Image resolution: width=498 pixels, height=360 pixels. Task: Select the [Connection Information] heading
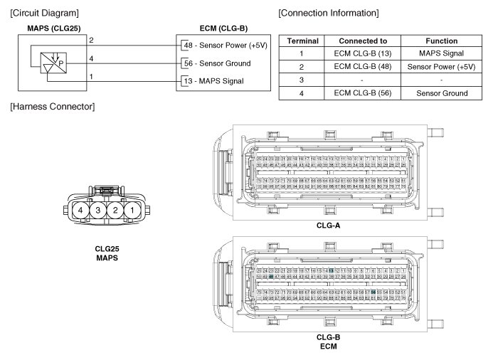[x=328, y=14]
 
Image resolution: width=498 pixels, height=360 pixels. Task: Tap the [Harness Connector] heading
[x=53, y=107]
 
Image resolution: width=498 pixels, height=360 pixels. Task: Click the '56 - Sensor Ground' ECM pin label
[x=217, y=63]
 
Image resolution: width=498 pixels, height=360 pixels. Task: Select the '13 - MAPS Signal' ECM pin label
[x=213, y=81]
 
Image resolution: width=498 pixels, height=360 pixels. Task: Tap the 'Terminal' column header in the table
[x=302, y=41]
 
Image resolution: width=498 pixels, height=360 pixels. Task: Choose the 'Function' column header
[x=441, y=41]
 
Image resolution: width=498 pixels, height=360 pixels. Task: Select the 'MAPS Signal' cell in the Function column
[x=441, y=54]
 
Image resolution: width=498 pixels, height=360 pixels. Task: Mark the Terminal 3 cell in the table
[x=302, y=80]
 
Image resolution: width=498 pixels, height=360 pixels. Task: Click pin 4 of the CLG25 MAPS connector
[x=83, y=211]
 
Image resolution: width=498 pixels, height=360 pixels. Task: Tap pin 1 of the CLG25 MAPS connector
[x=132, y=211]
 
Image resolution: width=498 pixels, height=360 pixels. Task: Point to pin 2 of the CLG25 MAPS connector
[x=115, y=211]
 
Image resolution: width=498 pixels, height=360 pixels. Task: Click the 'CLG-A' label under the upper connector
[x=328, y=225]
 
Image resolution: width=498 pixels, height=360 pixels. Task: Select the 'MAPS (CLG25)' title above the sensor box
[x=53, y=28]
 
